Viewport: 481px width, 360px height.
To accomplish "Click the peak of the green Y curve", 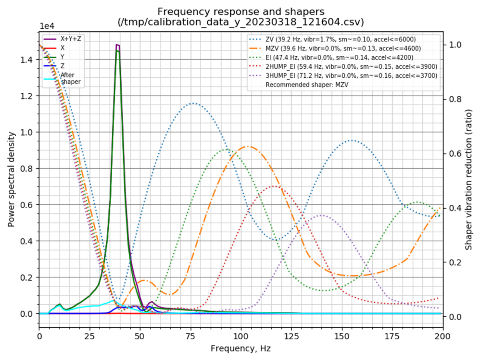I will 117,50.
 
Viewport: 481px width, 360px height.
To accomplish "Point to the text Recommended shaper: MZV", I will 307,84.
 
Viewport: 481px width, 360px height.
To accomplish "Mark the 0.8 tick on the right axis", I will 453,99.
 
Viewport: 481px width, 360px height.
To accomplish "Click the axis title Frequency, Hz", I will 240,347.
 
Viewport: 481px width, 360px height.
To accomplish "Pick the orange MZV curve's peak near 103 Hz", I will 247,146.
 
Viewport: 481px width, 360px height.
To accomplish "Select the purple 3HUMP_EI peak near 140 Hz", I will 322,215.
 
